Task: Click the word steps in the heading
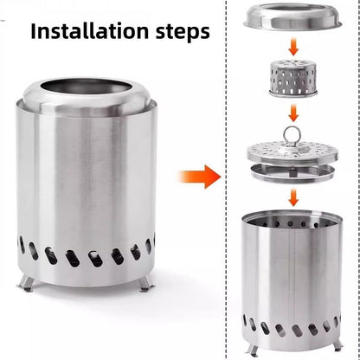pos(179,32)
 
